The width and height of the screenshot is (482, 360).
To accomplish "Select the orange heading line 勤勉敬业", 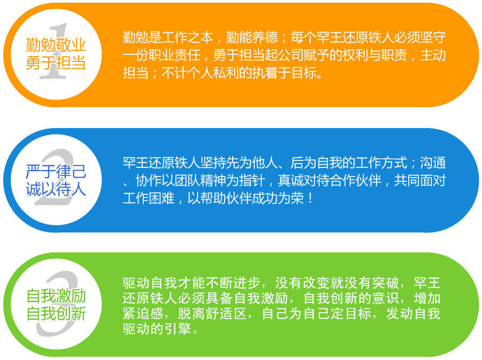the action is point(55,45).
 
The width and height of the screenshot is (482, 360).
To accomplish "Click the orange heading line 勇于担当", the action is point(55,63).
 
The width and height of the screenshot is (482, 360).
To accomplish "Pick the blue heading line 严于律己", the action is point(55,171).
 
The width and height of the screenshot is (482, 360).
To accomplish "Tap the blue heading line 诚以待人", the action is point(55,189).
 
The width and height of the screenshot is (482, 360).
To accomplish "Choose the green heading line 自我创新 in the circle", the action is point(56,314).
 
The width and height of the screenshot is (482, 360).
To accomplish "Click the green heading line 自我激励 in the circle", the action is point(56,296).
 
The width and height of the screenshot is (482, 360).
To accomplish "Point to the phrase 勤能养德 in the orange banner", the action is point(252,37).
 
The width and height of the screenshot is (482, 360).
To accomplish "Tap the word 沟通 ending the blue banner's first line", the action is point(433,163).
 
